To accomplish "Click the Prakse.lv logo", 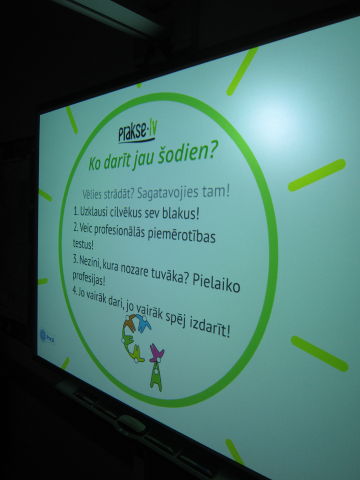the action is coord(137,132).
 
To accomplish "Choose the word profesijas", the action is coord(88,278).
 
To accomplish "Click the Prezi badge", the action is coord(48,337).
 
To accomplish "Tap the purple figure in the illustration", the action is coord(157,353).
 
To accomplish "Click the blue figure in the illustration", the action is coord(143,323).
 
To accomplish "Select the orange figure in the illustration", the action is coord(130,324).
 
